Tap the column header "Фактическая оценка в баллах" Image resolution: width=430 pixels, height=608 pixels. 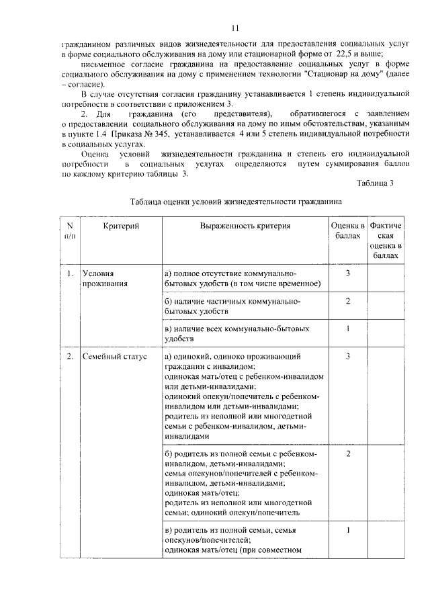tap(386, 241)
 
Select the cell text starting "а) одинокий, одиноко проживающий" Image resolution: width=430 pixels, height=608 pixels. tap(232, 356)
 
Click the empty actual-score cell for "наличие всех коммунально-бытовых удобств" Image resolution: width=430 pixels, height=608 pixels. tap(386, 334)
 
